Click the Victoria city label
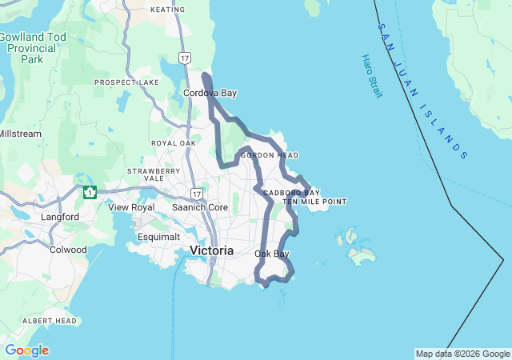[212, 250]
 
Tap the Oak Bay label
[271, 254]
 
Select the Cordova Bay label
[210, 94]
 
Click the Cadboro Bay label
[291, 193]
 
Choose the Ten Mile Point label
[314, 202]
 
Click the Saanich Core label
[200, 207]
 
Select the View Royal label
[131, 207]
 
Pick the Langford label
[60, 217]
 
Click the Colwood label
[68, 250]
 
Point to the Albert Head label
[50, 321]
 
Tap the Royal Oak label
[174, 143]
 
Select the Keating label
[167, 10]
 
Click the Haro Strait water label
[372, 77]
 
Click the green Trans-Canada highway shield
[90, 192]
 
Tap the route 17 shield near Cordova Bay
[186, 58]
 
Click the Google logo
[26, 350]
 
